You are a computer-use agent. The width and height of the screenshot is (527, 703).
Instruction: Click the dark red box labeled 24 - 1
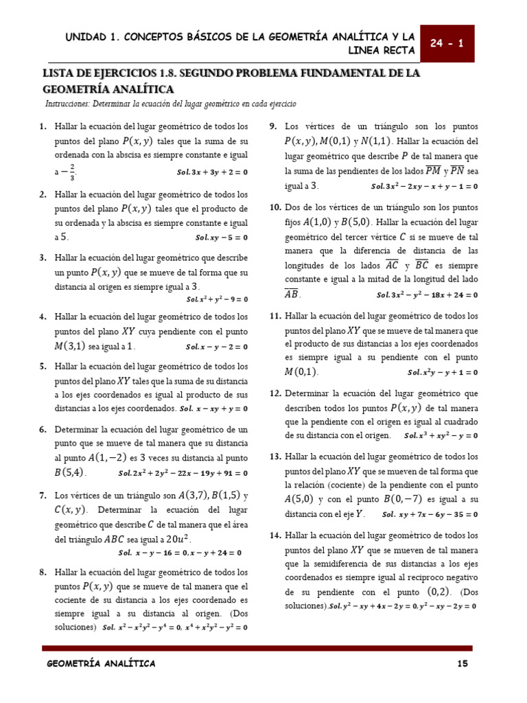coord(447,43)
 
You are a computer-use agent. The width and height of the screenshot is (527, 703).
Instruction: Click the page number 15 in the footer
coord(462,663)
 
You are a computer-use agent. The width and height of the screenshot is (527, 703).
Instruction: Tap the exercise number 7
coord(43,495)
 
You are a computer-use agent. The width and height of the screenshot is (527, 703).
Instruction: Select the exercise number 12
coord(274,393)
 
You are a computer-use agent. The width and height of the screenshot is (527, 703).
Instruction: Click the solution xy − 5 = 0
coord(221,238)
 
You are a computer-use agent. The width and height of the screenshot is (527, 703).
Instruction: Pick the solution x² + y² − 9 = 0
coord(217,299)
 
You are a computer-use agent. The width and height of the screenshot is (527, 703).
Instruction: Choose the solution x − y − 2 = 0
coord(217,347)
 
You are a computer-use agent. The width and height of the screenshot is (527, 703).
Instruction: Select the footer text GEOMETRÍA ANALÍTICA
coord(101,663)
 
